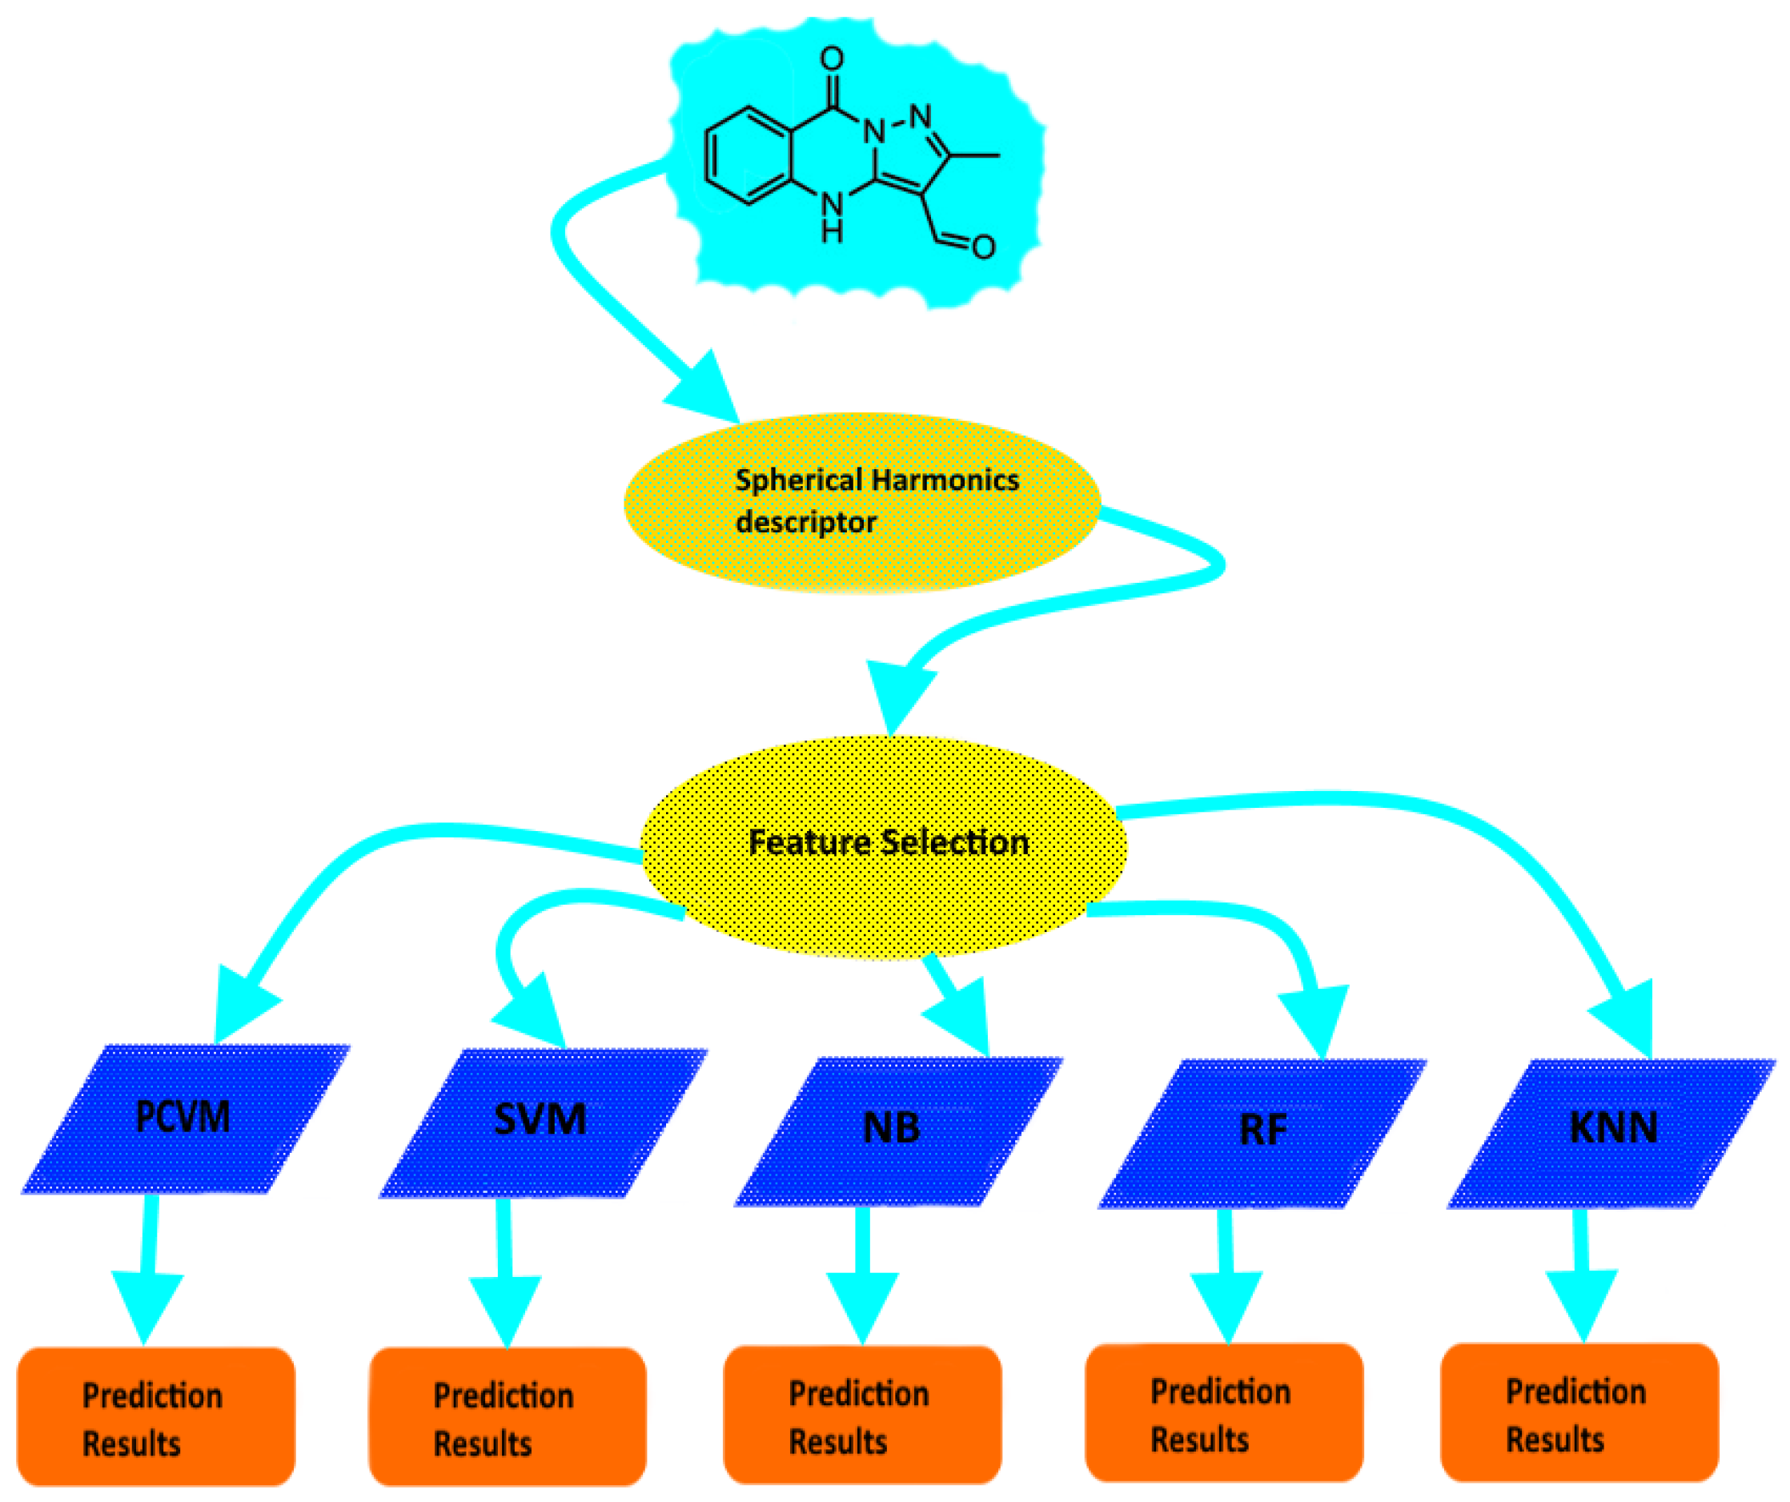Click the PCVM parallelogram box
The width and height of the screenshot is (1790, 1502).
pyautogui.click(x=185, y=1118)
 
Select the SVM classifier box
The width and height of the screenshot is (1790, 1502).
pyautogui.click(x=542, y=1122)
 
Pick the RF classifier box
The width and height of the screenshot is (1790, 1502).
pyautogui.click(x=1262, y=1134)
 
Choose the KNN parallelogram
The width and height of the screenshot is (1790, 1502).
pyautogui.click(x=1611, y=1132)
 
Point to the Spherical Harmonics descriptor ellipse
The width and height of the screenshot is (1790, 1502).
pyautogui.click(x=861, y=503)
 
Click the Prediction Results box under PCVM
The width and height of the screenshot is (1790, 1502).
pyautogui.click(x=156, y=1417)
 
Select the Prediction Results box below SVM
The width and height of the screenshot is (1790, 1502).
pyautogui.click(x=508, y=1417)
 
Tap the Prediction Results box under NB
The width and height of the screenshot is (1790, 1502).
pyautogui.click(x=861, y=1415)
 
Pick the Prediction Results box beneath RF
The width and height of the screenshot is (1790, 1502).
pyautogui.click(x=1224, y=1412)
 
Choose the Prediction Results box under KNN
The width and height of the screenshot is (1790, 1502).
pyautogui.click(x=1579, y=1412)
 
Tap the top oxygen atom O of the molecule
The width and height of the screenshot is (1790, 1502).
pyautogui.click(x=832, y=58)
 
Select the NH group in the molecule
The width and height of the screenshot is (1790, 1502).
pyautogui.click(x=831, y=216)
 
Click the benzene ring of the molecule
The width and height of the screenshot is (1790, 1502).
pyautogui.click(x=749, y=156)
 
